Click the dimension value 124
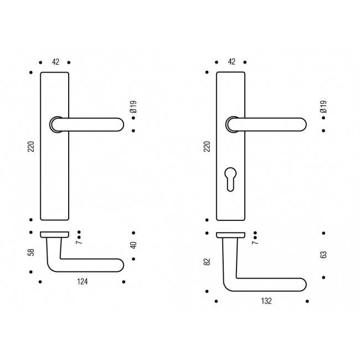click(x=81, y=282)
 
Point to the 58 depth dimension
click(x=31, y=252)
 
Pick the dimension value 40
click(x=133, y=245)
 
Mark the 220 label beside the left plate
click(x=31, y=146)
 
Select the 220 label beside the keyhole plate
click(x=207, y=146)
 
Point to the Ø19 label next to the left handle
click(x=133, y=107)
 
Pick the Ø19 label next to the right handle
click(x=323, y=107)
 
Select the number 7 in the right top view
click(x=255, y=240)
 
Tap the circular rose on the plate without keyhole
click(x=55, y=125)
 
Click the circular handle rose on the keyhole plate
click(x=231, y=125)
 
